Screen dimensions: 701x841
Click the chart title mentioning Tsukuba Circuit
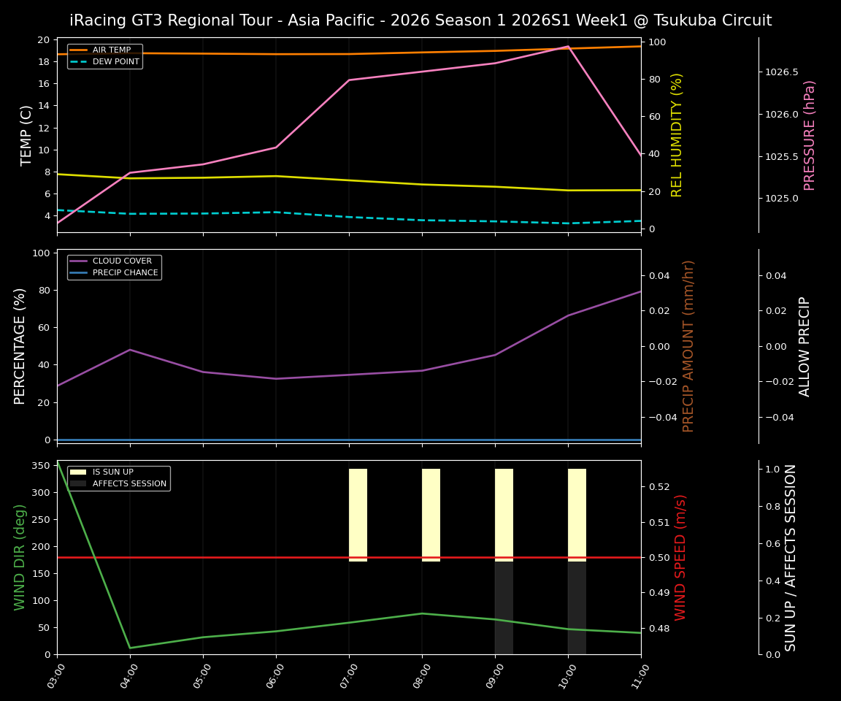(420, 20)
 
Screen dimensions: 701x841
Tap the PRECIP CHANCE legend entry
(125, 273)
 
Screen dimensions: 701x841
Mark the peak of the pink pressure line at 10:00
(568, 46)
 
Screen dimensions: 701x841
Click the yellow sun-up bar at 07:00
(358, 514)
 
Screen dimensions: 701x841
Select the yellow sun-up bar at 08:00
(431, 514)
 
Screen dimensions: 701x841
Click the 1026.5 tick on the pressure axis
(781, 72)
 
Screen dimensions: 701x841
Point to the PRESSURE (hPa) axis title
(809, 135)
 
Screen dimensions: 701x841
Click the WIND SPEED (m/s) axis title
(680, 557)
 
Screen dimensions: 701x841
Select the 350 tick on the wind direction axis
(41, 466)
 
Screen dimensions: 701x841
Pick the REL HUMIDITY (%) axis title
(677, 135)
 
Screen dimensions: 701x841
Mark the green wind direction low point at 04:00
(130, 648)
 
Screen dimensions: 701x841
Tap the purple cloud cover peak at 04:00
(130, 350)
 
